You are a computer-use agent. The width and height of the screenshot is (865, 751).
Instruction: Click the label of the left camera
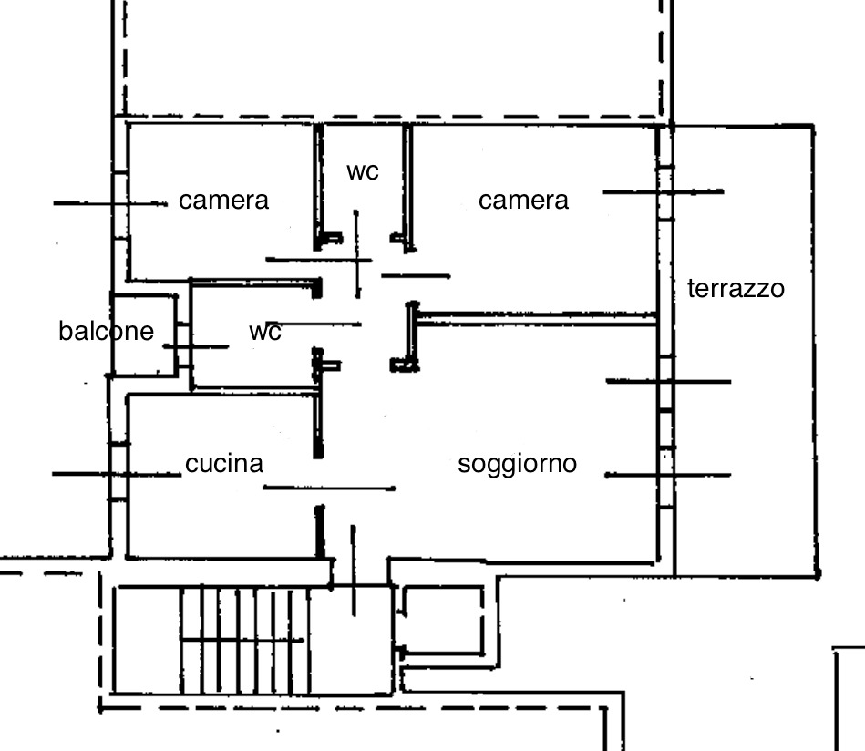(x=223, y=201)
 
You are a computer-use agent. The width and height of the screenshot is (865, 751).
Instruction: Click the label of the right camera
(x=523, y=201)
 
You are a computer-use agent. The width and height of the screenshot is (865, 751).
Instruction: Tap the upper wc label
(x=362, y=170)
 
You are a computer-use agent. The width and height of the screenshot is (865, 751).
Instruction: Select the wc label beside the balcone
(x=264, y=332)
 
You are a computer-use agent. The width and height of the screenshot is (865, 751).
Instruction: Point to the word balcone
(x=106, y=331)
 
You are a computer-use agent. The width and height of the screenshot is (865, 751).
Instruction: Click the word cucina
(x=224, y=464)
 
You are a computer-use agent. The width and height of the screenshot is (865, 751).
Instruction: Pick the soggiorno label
(x=517, y=464)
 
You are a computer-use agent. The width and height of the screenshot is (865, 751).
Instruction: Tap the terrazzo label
(x=735, y=289)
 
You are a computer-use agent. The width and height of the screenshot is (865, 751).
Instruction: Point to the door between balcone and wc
(x=183, y=346)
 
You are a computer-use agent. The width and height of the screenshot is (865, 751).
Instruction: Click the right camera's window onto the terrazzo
(x=665, y=192)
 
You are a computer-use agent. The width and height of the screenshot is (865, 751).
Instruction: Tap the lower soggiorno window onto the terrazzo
(x=666, y=475)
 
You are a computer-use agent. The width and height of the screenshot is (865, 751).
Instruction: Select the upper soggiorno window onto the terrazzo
(x=666, y=382)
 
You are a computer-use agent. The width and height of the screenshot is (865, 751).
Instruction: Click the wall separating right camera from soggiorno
(x=538, y=318)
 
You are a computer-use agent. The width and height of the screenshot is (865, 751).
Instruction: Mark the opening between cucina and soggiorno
(x=319, y=483)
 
